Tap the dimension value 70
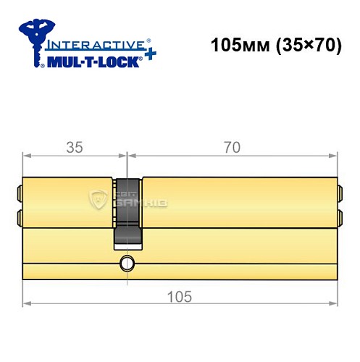pos(232,148)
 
